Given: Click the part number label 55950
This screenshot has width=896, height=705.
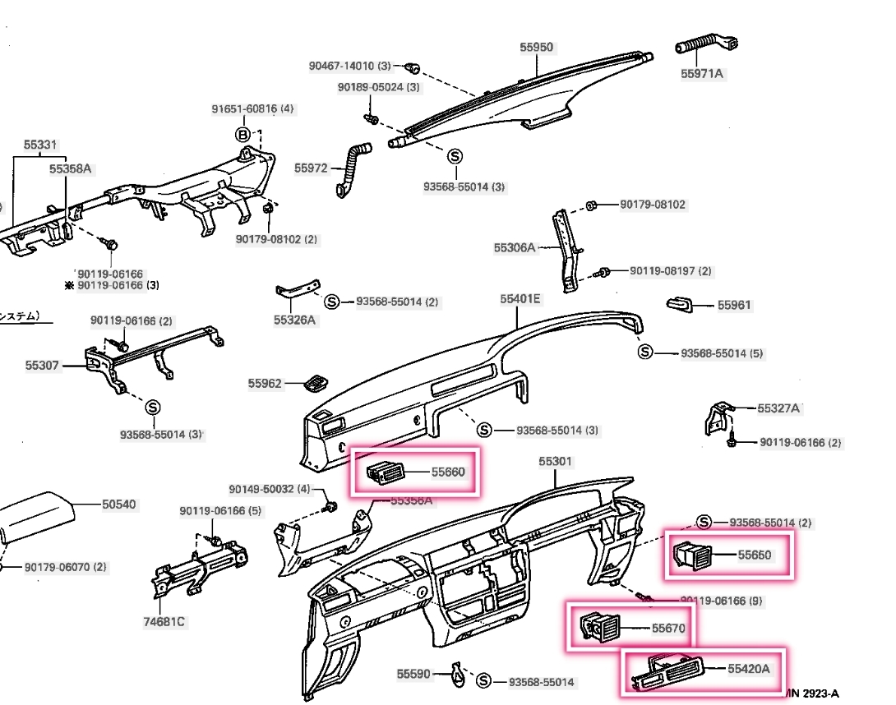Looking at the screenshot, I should [x=536, y=48].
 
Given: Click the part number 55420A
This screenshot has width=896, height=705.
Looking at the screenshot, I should [x=748, y=669].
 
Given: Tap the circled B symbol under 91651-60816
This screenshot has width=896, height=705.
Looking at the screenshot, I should [x=243, y=134].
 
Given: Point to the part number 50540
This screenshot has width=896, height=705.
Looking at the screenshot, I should [x=119, y=505].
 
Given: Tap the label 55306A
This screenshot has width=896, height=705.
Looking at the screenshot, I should [x=515, y=247].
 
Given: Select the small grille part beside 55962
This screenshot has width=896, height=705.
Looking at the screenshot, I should [x=314, y=383].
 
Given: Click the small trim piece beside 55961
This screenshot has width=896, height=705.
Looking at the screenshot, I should [x=679, y=304].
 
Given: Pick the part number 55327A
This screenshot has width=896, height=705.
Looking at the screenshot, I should [x=778, y=408].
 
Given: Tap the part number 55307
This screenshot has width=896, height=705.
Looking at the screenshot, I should [x=42, y=365].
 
